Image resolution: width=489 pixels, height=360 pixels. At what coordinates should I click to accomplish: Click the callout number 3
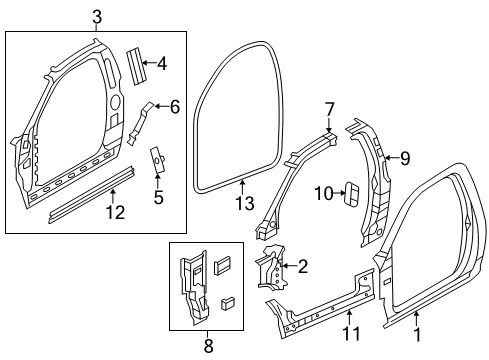[97, 15]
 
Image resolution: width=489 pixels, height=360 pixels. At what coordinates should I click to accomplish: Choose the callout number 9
[404, 156]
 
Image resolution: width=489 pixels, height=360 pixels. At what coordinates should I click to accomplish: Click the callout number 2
[301, 265]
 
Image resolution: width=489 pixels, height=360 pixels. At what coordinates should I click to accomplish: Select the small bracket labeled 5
[157, 160]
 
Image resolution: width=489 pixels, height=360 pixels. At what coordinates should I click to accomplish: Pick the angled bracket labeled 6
[143, 119]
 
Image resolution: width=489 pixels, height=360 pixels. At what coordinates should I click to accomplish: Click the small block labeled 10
[351, 192]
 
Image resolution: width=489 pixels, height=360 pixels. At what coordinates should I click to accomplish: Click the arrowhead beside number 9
[387, 156]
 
